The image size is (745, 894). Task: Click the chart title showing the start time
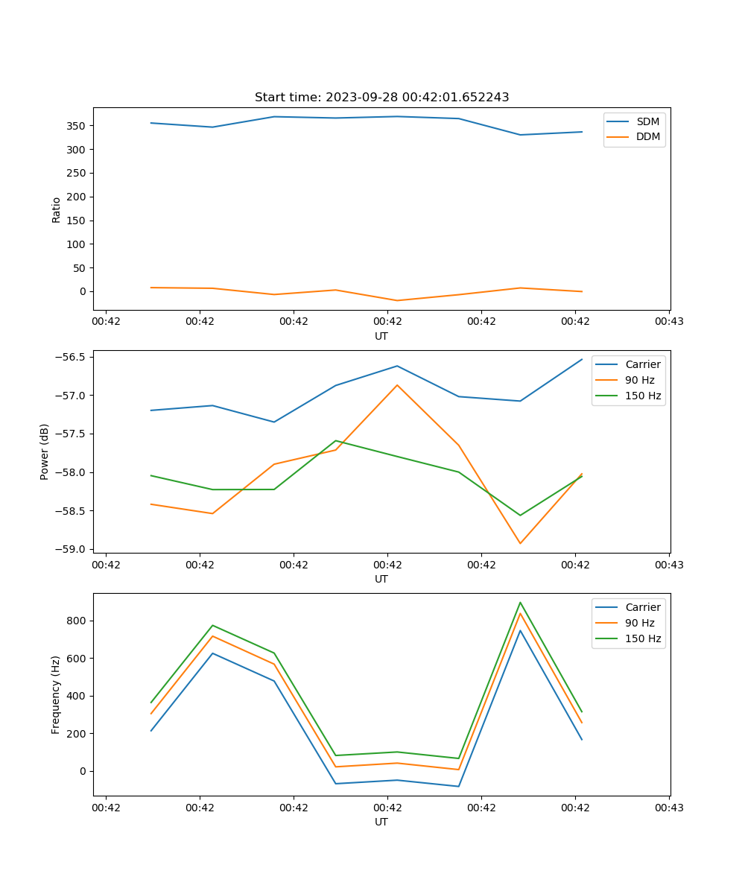tap(381, 98)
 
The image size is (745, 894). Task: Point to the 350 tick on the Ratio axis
tap(77, 126)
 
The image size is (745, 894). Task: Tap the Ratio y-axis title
tap(56, 209)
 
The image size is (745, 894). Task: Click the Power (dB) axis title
tap(45, 451)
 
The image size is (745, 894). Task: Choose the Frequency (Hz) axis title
tap(56, 694)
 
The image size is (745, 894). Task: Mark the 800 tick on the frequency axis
tap(77, 621)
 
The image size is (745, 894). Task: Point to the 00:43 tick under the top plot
tap(669, 321)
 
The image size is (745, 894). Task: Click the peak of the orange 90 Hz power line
tap(397, 385)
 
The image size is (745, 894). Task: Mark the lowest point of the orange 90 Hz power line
tap(520, 543)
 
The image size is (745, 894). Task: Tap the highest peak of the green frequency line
tap(520, 603)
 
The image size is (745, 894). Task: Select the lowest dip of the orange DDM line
tap(397, 300)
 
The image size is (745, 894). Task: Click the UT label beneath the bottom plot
tap(381, 822)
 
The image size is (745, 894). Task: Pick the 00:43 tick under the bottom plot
tap(669, 807)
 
